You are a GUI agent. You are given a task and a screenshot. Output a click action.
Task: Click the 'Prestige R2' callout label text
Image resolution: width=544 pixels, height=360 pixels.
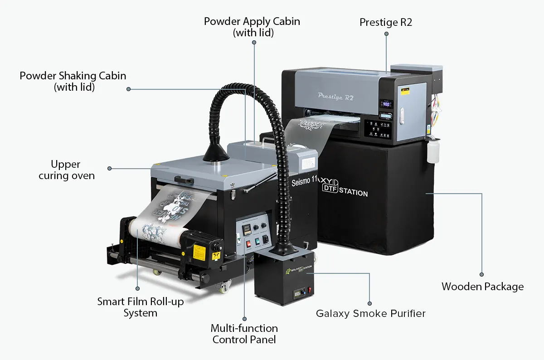coord(386,22)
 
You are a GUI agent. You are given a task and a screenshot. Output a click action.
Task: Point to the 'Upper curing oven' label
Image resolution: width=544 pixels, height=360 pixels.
coord(66,170)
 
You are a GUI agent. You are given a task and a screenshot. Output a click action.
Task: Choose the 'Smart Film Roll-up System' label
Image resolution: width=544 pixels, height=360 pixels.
coord(141,307)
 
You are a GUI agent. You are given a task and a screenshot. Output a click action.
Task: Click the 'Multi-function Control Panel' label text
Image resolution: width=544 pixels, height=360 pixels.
coord(244,334)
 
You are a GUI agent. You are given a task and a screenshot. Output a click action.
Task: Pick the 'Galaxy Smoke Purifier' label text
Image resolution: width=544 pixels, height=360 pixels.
coord(370,313)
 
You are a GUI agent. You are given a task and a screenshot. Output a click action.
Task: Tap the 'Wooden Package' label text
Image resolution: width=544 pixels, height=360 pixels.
coord(482,287)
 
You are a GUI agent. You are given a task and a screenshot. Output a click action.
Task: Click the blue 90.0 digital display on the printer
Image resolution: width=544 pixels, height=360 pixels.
coord(387,104)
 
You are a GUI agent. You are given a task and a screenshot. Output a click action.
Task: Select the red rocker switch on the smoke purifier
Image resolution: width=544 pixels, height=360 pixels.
coord(310,289)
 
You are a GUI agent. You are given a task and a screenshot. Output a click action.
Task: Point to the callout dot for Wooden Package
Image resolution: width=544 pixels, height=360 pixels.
coord(481,274)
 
